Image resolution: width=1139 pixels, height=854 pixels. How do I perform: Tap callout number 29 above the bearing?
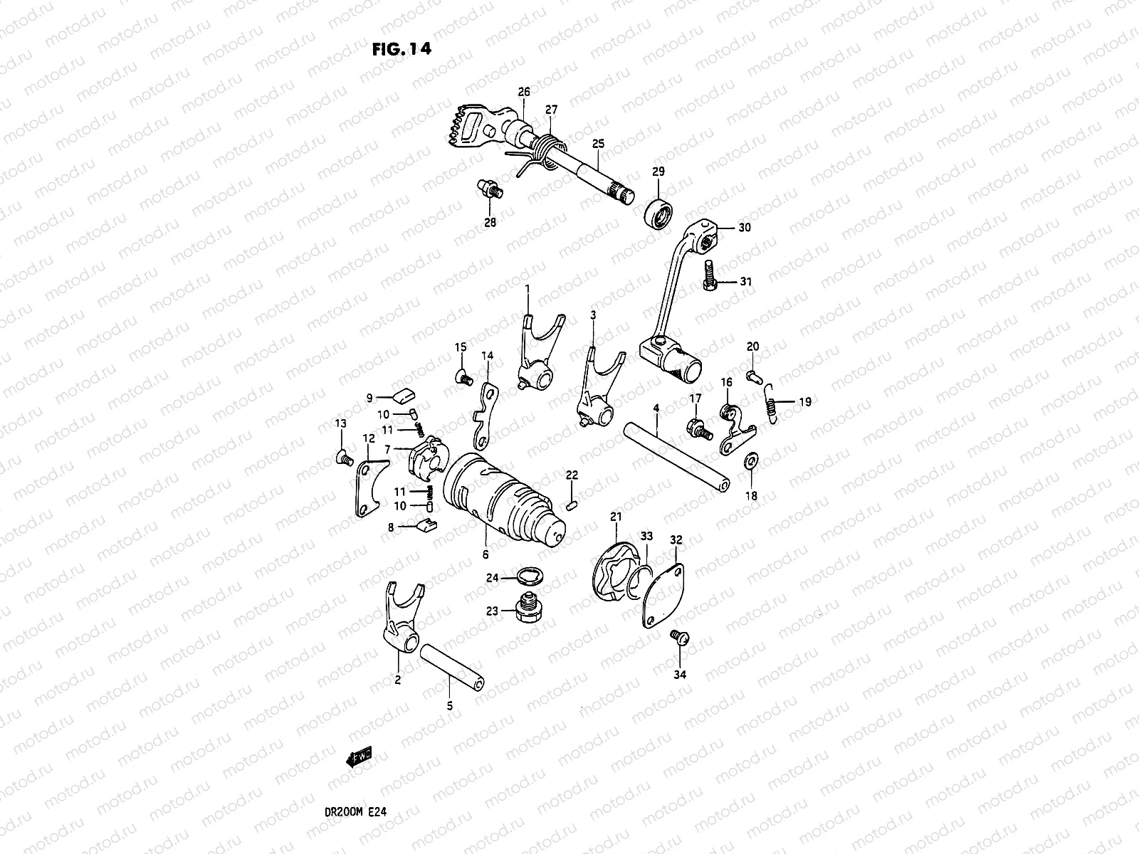coord(658,172)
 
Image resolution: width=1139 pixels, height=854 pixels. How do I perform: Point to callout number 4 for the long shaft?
coord(656,408)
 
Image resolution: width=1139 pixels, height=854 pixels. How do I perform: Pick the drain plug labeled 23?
coord(527,610)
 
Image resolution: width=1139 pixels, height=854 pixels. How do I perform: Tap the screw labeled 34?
coord(678,639)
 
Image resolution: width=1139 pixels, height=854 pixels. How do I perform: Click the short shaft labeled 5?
coord(453,663)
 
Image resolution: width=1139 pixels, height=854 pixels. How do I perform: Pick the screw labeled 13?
coord(345,458)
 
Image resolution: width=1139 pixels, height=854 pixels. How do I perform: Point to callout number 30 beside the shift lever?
coord(744,228)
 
